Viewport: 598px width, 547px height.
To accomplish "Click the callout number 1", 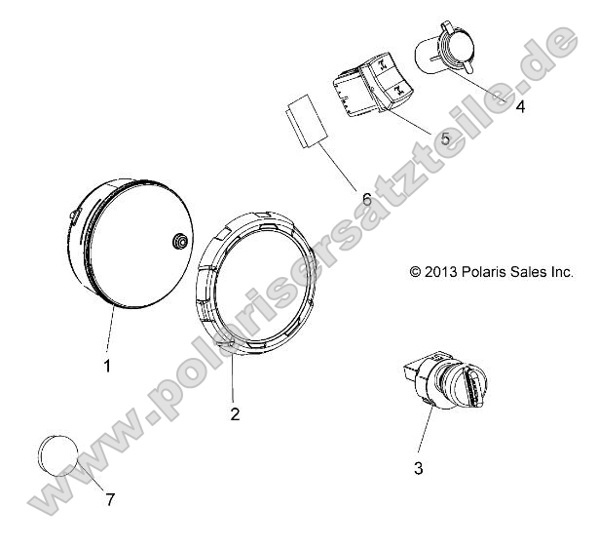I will [x=107, y=367].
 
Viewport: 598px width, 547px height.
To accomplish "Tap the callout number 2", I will [x=234, y=413].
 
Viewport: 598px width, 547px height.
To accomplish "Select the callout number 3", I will [x=419, y=469].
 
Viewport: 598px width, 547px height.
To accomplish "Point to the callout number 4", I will [x=520, y=107].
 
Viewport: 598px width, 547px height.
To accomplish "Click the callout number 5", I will [x=445, y=139].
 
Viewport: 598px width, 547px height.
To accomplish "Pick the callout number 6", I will [x=366, y=199].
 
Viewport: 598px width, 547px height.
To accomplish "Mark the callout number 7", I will [x=110, y=500].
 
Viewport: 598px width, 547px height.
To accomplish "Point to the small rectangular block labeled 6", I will [x=303, y=122].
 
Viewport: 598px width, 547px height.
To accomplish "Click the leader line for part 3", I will [x=426, y=435].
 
